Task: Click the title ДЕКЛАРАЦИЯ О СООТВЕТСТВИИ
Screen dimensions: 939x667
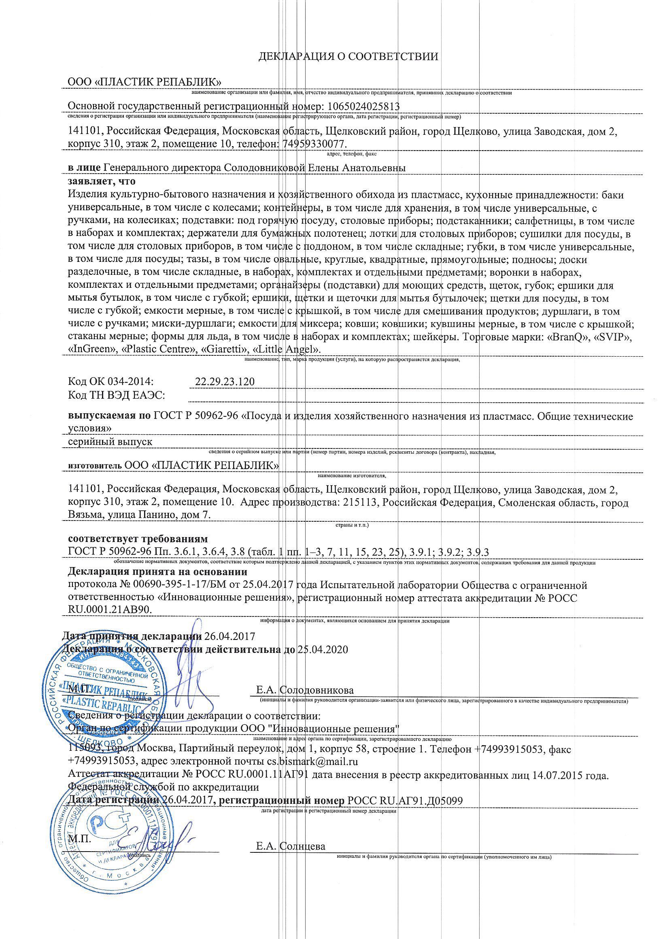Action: (x=348, y=57)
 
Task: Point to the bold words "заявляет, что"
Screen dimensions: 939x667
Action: (x=102, y=181)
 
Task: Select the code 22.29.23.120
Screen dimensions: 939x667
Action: (x=225, y=382)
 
